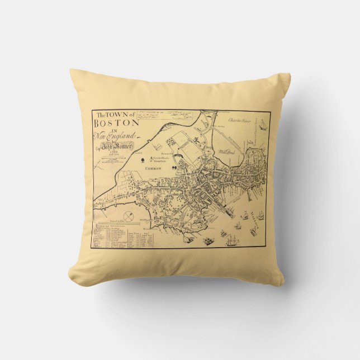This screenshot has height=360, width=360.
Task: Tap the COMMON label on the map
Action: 153,168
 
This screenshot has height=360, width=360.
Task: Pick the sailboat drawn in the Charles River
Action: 262,122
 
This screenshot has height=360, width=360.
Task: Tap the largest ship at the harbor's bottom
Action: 231,241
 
